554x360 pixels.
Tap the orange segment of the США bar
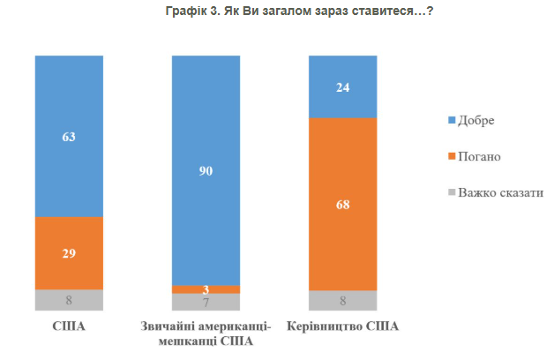point(70,252)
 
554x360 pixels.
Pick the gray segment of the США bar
point(70,300)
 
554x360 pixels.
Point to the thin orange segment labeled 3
point(206,289)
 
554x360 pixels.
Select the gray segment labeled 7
point(206,302)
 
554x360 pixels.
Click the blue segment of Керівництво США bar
point(342,86)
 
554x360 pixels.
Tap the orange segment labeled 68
point(342,204)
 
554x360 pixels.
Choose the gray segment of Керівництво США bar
point(342,301)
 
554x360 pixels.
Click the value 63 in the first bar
point(70,138)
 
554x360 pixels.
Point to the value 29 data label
point(70,254)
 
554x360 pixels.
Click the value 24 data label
point(342,87)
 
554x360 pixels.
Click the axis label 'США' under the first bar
point(69,326)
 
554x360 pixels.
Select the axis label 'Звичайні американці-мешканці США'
point(206,334)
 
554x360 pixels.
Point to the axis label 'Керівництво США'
point(342,326)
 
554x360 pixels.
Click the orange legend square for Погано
point(452,156)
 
